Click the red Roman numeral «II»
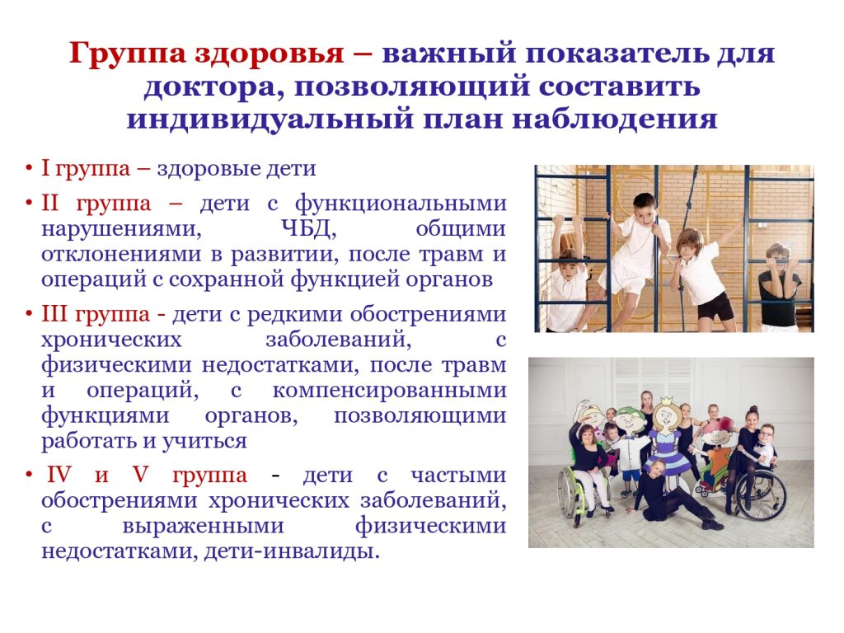tap(50, 204)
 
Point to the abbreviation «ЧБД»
tap(309, 229)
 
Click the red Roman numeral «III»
tap(54, 314)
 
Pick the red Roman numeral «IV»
tap(59, 476)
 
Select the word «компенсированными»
tap(390, 390)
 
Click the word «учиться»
tap(204, 442)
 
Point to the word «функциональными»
tap(401, 204)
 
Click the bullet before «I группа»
tap(29, 168)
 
